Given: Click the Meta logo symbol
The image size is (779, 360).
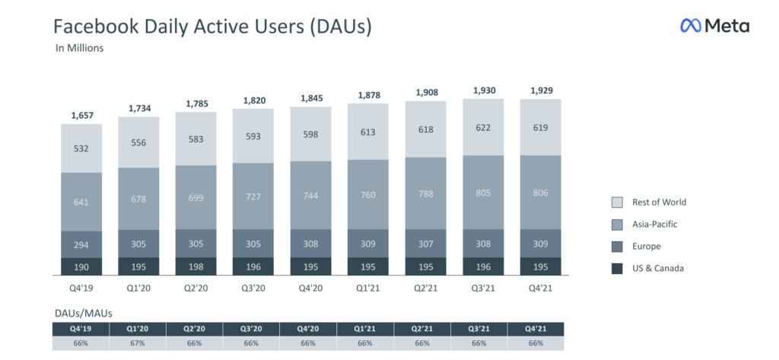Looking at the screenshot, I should pyautogui.click(x=690, y=26).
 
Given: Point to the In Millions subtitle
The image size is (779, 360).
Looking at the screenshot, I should pyautogui.click(x=79, y=49).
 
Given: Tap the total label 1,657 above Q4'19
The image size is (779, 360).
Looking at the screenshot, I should pyautogui.click(x=81, y=116).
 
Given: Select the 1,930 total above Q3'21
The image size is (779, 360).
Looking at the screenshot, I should pyautogui.click(x=482, y=91).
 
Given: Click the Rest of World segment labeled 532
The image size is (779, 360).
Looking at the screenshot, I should pyautogui.click(x=81, y=148).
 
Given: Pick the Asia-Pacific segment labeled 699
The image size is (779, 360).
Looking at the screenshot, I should pyautogui.click(x=196, y=197).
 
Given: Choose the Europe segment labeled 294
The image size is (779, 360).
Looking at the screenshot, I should pyautogui.click(x=81, y=244).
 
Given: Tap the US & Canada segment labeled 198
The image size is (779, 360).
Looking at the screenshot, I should pyautogui.click(x=196, y=266).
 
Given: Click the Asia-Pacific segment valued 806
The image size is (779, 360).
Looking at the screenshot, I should pyautogui.click(x=539, y=193).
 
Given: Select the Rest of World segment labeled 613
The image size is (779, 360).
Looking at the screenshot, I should pyautogui.click(x=367, y=131).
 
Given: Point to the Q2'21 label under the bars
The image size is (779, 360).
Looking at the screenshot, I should pyautogui.click(x=424, y=288).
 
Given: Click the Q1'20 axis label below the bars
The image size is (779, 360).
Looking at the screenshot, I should pyautogui.click(x=138, y=288).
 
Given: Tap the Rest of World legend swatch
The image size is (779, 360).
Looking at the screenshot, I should pyautogui.click(x=617, y=202).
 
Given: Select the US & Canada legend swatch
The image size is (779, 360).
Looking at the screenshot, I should pyautogui.click(x=617, y=268).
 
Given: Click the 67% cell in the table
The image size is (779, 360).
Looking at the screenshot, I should pyautogui.click(x=138, y=344).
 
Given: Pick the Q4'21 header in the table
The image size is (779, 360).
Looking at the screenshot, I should pyautogui.click(x=536, y=329).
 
